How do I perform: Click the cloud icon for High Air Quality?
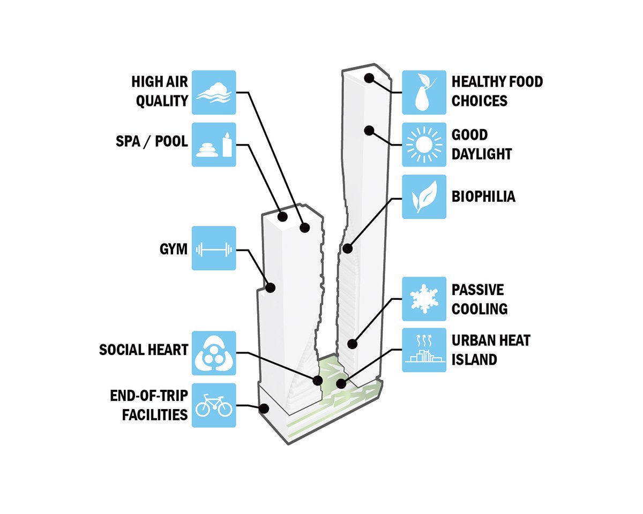point(213,92)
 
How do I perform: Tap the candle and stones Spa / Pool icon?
point(213,145)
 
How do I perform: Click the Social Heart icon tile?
point(213,352)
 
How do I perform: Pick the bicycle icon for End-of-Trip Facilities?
point(213,405)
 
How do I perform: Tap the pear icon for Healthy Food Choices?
point(424,92)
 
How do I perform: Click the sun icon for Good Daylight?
point(424,145)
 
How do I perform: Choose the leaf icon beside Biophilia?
point(424,196)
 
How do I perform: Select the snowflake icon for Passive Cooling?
point(424,299)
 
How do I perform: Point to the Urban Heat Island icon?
point(424,350)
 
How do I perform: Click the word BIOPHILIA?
point(483,196)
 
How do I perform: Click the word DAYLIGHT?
point(482,154)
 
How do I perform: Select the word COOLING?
point(480,309)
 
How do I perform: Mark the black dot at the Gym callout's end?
point(270,288)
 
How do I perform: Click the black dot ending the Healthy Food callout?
point(369,78)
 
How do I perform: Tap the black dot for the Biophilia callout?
point(347,248)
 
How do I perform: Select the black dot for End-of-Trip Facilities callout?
point(264,409)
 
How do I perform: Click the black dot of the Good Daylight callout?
point(369,130)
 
